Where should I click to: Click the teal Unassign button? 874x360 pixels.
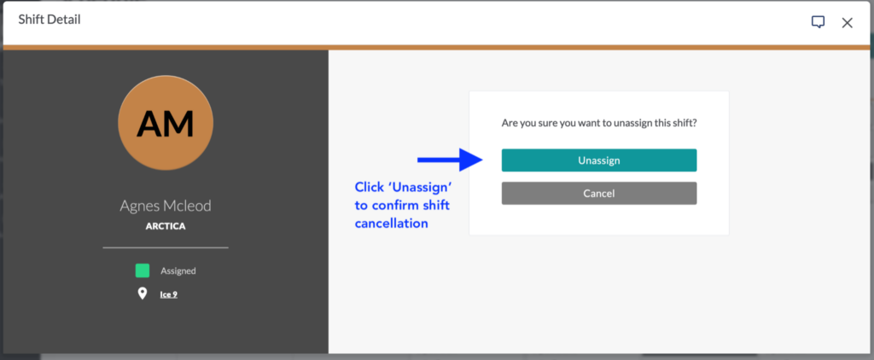(x=598, y=160)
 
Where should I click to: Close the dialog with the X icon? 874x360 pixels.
(x=848, y=23)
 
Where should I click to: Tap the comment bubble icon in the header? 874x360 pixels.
(x=818, y=22)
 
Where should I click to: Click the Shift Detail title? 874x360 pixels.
(x=50, y=20)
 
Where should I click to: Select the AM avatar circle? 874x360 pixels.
(x=166, y=123)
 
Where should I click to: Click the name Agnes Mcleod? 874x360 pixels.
(x=166, y=206)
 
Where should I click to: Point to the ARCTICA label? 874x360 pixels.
(x=166, y=226)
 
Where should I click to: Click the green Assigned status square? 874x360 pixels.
(x=143, y=270)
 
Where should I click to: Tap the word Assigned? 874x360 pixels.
(x=178, y=271)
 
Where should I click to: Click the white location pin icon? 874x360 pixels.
(x=143, y=293)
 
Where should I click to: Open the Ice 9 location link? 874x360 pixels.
(x=169, y=294)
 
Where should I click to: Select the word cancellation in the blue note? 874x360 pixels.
(x=391, y=224)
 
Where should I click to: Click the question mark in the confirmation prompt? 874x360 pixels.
(x=695, y=123)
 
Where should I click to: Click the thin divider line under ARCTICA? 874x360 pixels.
(x=166, y=247)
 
